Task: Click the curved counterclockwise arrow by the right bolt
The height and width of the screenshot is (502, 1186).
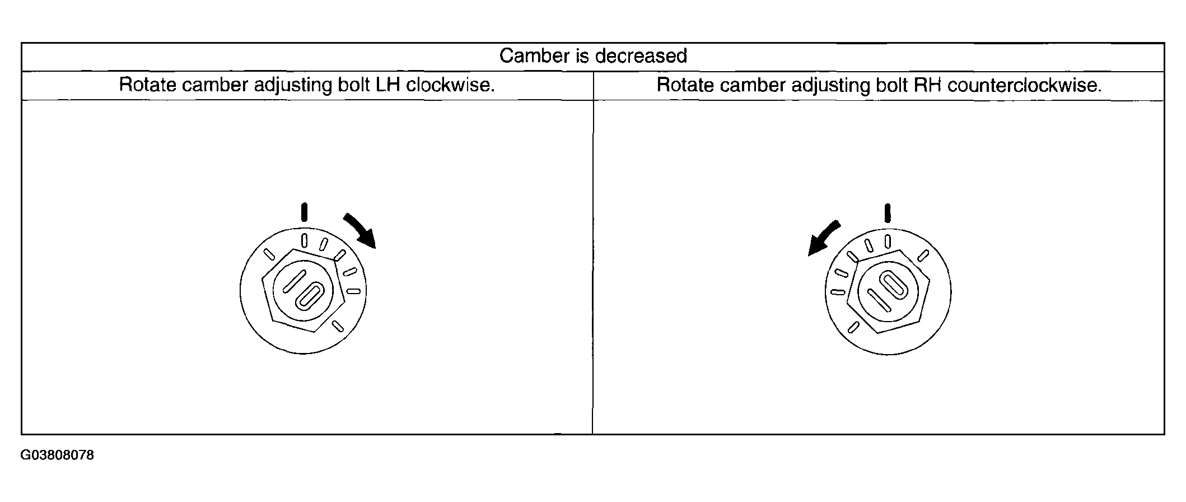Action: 823,238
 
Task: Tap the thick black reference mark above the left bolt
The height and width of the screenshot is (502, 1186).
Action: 304,212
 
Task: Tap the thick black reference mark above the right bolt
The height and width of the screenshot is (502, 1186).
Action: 888,213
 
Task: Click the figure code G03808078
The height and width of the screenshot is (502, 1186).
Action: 58,455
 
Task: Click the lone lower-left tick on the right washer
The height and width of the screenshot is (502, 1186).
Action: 853,327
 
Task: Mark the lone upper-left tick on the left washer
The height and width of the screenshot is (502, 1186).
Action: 269,255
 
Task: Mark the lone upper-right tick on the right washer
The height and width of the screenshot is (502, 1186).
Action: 923,256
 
